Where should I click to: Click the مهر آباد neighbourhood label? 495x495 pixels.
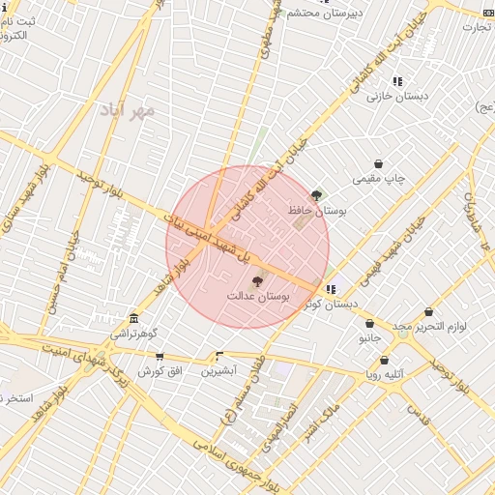tap(127, 110)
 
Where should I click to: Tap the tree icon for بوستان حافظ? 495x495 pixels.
tap(317, 195)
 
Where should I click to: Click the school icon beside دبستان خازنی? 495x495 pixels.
tap(397, 81)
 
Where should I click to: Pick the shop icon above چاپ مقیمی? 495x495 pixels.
tap(378, 164)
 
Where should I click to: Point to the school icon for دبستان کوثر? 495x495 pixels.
tap(331, 289)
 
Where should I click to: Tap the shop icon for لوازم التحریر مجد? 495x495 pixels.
tap(428, 312)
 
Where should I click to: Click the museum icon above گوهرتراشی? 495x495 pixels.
tap(133, 319)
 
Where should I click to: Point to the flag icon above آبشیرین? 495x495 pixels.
tap(219, 357)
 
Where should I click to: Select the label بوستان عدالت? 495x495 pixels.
tap(258, 294)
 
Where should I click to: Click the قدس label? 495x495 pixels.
tap(417, 415)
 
